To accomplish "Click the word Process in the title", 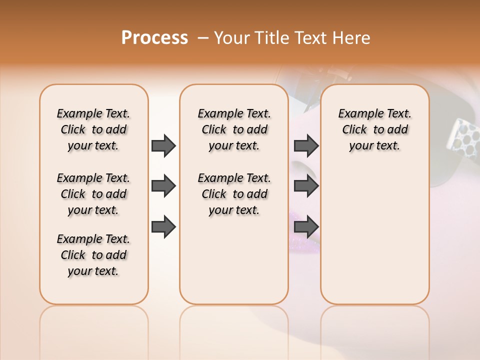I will tap(154, 38).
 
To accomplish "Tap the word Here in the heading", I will tap(352, 38).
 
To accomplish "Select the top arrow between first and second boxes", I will tap(163, 145).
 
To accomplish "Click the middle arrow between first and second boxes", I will tap(163, 186).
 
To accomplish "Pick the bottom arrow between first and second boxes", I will tap(163, 227).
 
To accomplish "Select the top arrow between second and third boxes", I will tap(306, 145).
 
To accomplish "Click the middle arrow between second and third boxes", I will tap(306, 186).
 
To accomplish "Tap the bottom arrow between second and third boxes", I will tap(306, 227).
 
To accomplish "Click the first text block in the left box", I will tap(93, 129).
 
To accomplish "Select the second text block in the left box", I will tap(93, 194).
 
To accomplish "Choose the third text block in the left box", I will tap(93, 255).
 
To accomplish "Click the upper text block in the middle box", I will tap(234, 129).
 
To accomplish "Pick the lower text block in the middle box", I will tap(234, 194).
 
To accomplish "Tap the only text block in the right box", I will tap(374, 129).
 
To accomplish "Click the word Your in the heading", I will tap(232, 38).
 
